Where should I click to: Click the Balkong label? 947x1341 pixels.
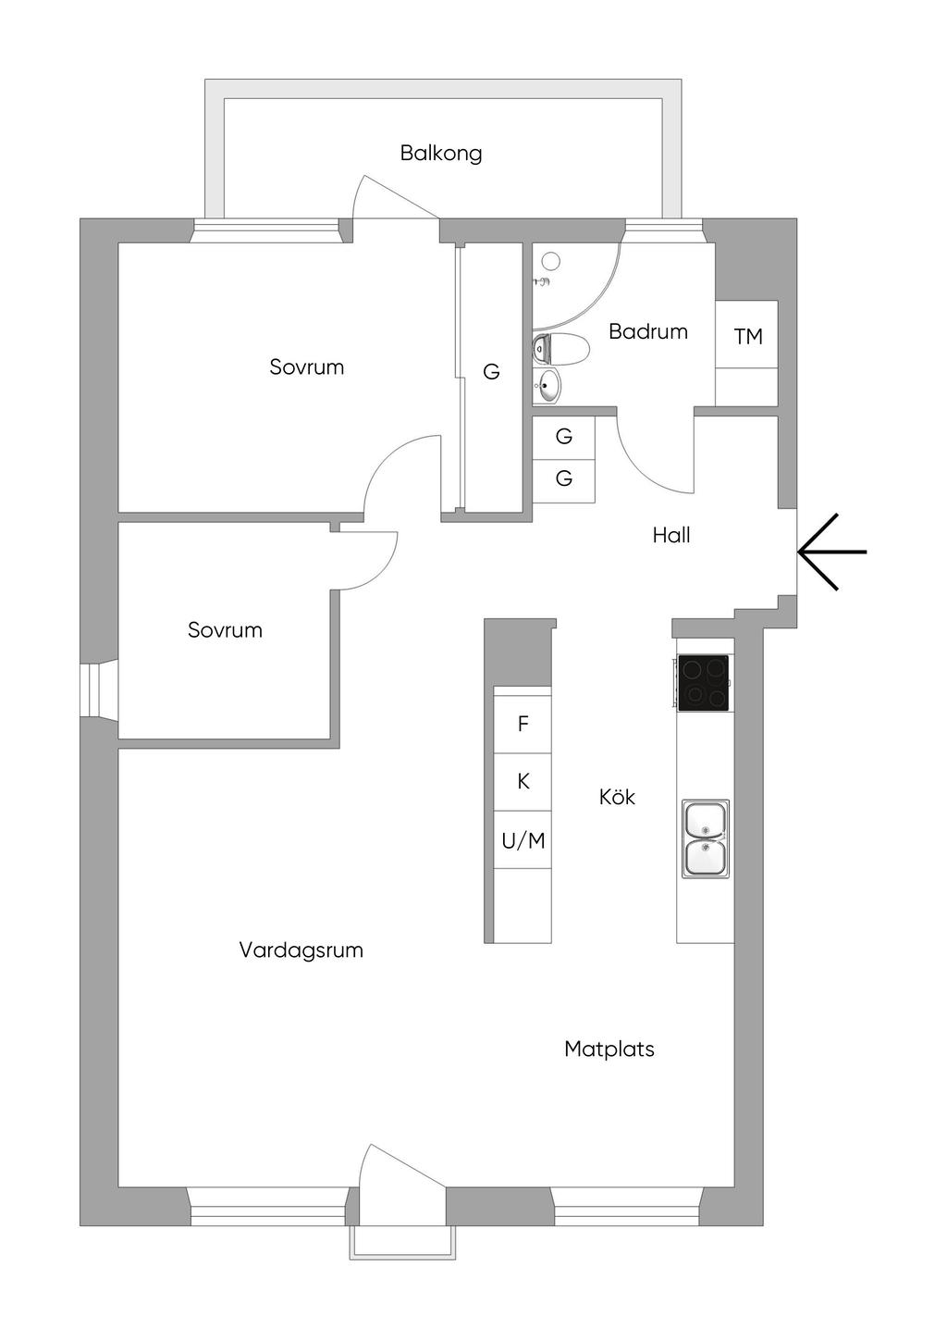coord(441,153)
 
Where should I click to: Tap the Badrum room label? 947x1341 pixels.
coord(647,331)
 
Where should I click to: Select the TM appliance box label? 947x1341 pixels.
coord(748,336)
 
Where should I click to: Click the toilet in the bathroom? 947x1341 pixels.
coord(562,350)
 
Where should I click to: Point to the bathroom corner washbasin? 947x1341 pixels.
coord(547,386)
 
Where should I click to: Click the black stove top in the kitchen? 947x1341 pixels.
coord(703,682)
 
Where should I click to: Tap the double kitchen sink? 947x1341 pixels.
coord(706,838)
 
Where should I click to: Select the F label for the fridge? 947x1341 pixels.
coord(523,724)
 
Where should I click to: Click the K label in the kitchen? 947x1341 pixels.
coord(523,782)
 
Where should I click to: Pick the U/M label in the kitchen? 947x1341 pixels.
coord(523,840)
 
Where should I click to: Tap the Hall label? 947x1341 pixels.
coord(670,535)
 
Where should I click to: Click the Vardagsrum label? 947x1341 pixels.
coord(301,950)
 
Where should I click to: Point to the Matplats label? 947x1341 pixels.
coord(609,1049)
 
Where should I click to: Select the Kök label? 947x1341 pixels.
coord(617,797)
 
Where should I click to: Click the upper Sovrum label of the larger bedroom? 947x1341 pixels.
coord(306,366)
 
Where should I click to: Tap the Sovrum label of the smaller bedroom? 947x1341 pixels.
coord(225,630)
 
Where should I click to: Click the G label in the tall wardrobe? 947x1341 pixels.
coord(491,372)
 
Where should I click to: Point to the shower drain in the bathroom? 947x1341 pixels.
coord(551,260)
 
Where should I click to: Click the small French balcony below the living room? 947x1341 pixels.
coord(402,1242)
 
